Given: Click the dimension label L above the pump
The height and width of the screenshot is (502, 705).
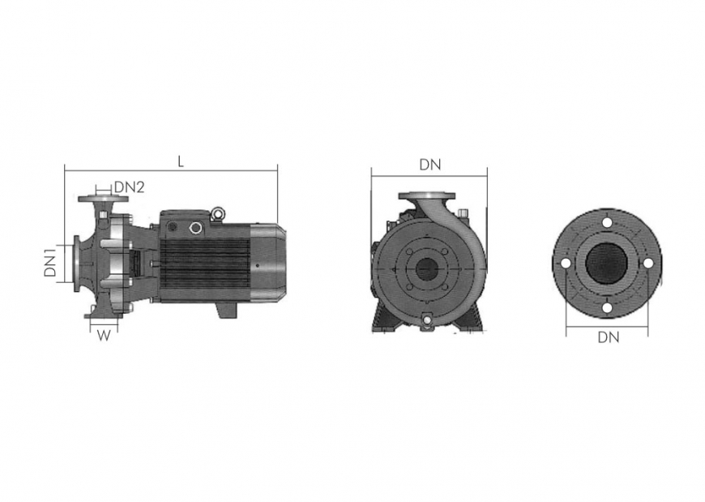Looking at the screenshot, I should (181, 161).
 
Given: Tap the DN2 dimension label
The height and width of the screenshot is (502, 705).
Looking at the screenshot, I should (129, 187).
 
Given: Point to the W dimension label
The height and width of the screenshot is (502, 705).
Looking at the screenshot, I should (102, 334).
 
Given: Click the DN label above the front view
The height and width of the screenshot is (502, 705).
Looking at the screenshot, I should (430, 164).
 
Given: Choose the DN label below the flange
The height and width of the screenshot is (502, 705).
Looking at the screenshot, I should (608, 337).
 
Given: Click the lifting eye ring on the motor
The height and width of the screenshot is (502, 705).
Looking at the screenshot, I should (217, 214).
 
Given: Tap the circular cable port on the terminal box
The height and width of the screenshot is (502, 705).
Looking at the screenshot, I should (195, 228).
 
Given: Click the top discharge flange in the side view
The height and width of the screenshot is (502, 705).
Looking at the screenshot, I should (99, 199).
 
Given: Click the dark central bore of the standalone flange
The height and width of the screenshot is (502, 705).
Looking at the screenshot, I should (606, 263).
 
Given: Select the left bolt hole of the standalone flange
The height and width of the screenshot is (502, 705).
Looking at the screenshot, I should (566, 263).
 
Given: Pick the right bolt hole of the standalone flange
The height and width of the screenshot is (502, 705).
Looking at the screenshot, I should (647, 263).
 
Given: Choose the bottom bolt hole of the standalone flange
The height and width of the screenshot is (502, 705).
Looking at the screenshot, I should (606, 307).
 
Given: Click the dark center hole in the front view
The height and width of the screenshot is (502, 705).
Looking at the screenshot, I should (424, 268).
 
